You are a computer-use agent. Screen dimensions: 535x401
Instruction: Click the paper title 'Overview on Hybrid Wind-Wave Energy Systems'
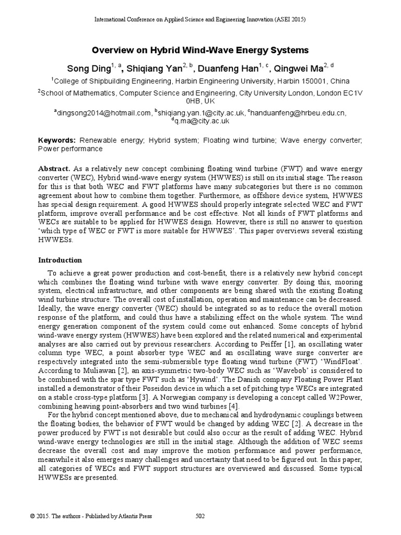click(200, 50)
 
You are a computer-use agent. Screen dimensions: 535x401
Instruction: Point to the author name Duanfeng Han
click(233, 68)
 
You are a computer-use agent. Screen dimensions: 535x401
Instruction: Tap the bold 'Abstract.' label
click(54, 170)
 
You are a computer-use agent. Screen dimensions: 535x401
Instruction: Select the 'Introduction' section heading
click(60, 260)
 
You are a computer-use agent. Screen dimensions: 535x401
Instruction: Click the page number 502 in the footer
click(200, 516)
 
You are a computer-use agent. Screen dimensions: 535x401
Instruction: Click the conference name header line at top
click(200, 19)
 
